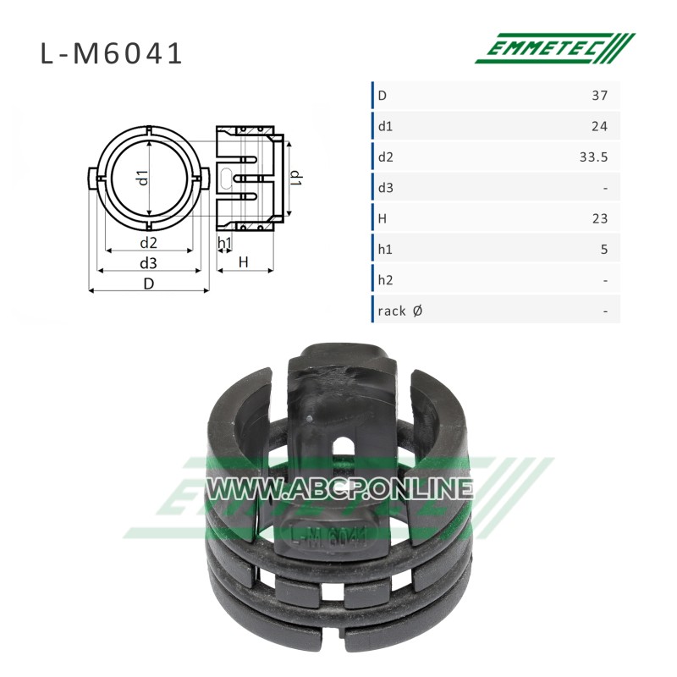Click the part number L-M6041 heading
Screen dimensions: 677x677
pyautogui.click(x=112, y=54)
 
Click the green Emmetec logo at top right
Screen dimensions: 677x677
pyautogui.click(x=555, y=48)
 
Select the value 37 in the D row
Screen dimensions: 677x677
pyautogui.click(x=599, y=96)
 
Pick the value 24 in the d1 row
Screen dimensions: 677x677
pyautogui.click(x=599, y=126)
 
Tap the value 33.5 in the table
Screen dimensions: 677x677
pyautogui.click(x=594, y=157)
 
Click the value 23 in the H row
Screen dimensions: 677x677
pyautogui.click(x=600, y=219)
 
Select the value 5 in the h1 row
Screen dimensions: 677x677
pyautogui.click(x=604, y=250)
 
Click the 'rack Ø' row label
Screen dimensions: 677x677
pyautogui.click(x=399, y=311)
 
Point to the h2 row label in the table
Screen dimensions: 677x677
pyautogui.click(x=385, y=280)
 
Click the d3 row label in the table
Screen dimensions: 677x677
pyautogui.click(x=386, y=188)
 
